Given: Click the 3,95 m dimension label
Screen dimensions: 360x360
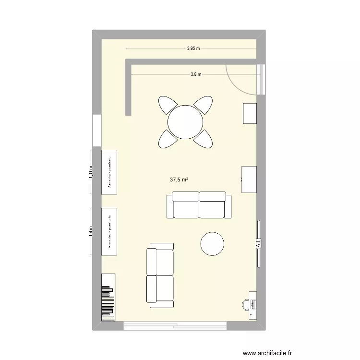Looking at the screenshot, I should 193,48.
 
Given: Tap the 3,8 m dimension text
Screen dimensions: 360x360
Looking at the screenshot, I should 196,74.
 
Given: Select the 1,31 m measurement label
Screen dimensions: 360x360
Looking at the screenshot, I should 91,172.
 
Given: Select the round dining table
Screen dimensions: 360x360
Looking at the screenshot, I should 185,122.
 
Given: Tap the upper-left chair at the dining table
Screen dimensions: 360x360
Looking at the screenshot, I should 168,105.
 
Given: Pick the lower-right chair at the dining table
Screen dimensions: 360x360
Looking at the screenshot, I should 204,139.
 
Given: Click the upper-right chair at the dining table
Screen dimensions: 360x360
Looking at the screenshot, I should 203,105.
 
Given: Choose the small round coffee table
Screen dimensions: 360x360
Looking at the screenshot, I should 212,244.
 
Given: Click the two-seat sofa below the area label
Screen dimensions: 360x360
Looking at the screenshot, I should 198,204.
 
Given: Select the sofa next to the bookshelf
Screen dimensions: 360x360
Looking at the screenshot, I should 160,275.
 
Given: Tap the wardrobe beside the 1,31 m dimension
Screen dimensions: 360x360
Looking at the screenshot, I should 109,172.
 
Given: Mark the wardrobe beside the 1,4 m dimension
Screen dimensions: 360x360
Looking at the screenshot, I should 109,232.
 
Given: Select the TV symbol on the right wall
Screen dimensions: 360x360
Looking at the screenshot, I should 258,244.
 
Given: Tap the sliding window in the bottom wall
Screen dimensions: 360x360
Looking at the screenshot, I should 175,325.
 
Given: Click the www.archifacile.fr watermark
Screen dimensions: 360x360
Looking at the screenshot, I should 268,352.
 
